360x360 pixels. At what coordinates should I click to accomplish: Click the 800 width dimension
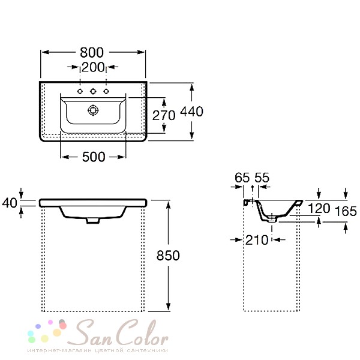(x=92, y=53)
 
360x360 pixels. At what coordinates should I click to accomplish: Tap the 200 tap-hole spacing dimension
(x=93, y=67)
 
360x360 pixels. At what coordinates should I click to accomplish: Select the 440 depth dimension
(x=191, y=112)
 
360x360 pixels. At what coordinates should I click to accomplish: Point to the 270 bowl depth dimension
(x=164, y=115)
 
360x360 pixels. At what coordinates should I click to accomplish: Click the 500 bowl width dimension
(x=94, y=157)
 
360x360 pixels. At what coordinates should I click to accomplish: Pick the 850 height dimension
(x=168, y=256)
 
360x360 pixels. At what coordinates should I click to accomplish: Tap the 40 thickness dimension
(x=10, y=203)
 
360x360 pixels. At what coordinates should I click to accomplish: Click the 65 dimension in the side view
(x=242, y=178)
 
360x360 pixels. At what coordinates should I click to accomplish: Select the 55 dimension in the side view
(x=262, y=178)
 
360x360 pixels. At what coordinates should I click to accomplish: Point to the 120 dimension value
(x=319, y=208)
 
